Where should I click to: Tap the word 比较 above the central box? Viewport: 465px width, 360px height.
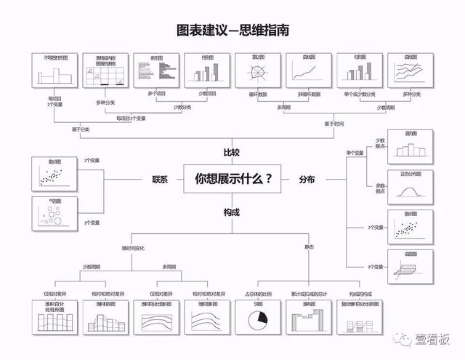click(x=232, y=152)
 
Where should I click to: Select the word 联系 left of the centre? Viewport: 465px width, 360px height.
click(x=159, y=179)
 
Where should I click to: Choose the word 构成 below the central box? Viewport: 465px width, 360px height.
click(x=232, y=212)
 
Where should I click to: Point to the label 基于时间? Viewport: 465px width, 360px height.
click(x=333, y=124)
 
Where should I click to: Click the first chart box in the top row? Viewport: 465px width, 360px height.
click(x=54, y=71)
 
